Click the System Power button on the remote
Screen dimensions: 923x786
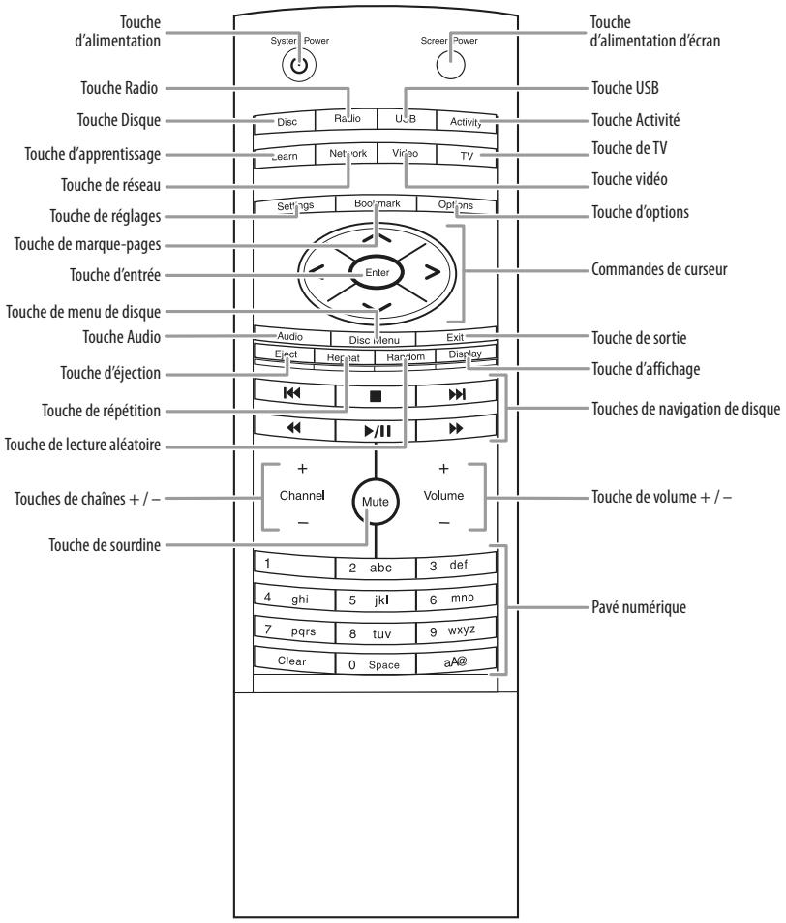299,67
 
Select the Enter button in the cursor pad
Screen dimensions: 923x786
376,273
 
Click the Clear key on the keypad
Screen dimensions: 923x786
291,662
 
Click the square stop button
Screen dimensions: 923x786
376,396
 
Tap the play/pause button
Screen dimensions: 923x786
376,427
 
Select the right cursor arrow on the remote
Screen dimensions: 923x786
431,273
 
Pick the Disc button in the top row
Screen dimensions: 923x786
287,122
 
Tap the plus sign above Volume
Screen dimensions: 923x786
444,469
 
